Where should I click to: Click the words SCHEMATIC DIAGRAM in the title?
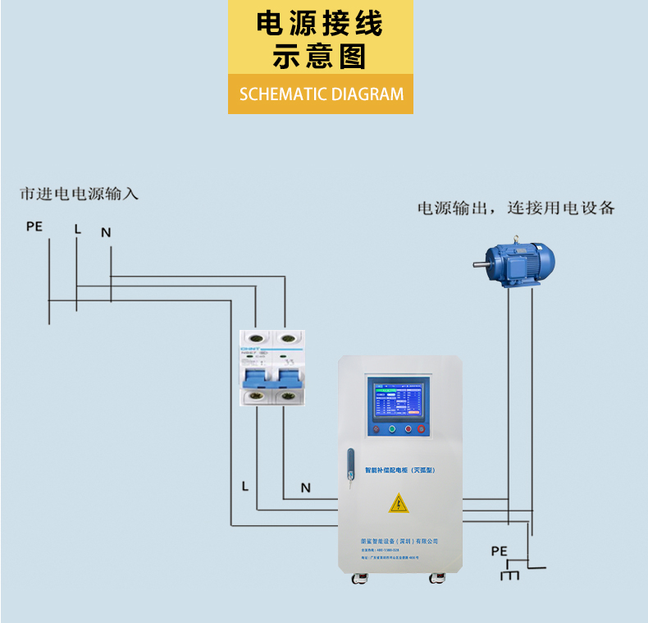click(322, 94)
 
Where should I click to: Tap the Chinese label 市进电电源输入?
click(80, 194)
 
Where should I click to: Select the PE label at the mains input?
click(34, 226)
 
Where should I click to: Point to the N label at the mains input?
click(106, 232)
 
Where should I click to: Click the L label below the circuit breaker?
click(244, 486)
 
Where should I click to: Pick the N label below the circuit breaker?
click(305, 488)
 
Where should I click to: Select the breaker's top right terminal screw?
click(286, 337)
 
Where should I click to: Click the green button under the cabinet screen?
click(392, 428)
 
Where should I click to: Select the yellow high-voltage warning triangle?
click(399, 502)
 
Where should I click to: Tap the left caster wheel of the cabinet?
click(358, 579)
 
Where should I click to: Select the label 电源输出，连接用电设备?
click(516, 208)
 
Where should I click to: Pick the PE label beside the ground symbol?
click(499, 551)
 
